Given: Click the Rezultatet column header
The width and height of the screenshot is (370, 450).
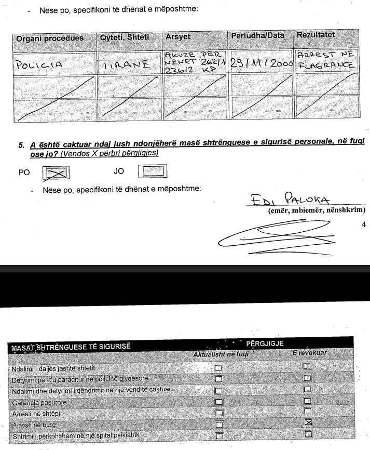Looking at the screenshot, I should pos(316,34).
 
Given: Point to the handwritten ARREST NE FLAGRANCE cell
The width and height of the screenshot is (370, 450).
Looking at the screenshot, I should pos(324,58).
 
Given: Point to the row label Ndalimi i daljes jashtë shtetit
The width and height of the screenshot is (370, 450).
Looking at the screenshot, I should pos(50,368).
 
